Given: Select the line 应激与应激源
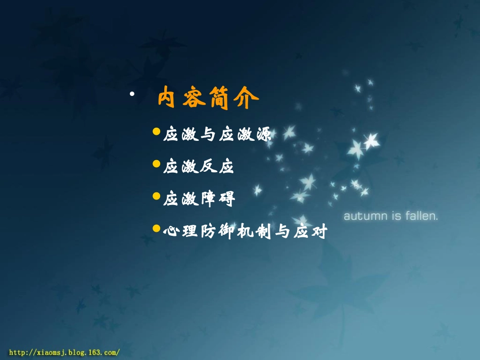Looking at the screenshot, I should tap(217, 135).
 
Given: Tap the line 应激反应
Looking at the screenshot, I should tap(199, 167).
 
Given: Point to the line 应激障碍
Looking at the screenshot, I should tap(199, 199).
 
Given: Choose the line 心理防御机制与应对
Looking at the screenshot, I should tap(246, 232).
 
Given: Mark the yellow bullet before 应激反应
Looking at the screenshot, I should tap(156, 164).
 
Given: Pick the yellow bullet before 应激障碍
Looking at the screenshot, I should tap(156, 196).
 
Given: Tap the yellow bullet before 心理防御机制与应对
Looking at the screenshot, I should tap(156, 229).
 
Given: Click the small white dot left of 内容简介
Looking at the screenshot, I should tap(131, 94).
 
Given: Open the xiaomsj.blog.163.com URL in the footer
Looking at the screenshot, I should tap(65, 352).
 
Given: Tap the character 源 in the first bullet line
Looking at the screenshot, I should tap(263, 135).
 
